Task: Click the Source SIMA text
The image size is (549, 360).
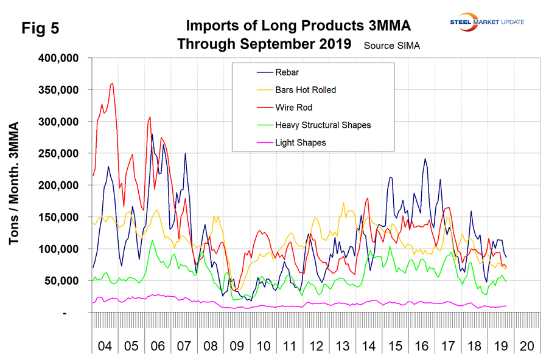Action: (392, 46)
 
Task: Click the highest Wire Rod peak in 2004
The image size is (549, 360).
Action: (113, 83)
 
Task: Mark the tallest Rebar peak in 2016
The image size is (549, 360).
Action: (425, 159)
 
